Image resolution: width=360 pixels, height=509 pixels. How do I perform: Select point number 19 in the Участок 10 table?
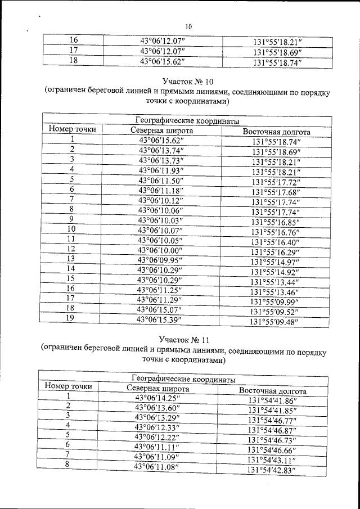[x=71, y=319]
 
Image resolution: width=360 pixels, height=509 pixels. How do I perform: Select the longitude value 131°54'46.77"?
[x=273, y=420]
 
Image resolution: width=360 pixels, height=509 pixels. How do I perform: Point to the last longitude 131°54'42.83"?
[x=272, y=470]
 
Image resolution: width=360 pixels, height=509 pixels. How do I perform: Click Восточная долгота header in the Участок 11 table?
[x=273, y=390]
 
